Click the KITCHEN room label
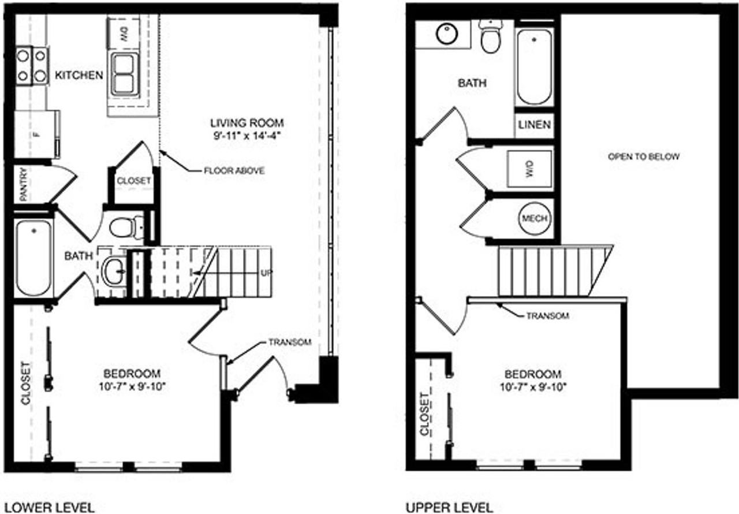tap(79, 75)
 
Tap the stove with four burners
tap(32, 66)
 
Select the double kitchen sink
tap(125, 74)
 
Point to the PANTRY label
tap(24, 184)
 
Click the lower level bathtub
tap(33, 258)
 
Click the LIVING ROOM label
tap(247, 123)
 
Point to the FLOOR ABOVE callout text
tap(234, 170)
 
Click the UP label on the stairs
tap(266, 273)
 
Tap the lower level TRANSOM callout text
tap(290, 342)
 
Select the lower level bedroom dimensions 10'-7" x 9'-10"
tap(132, 386)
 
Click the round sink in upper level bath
tap(447, 33)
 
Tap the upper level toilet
tap(491, 36)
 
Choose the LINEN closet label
tap(535, 125)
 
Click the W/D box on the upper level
tap(529, 169)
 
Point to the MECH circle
tap(535, 218)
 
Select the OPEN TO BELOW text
tap(644, 157)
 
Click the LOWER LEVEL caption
tap(50, 508)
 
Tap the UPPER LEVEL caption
tap(450, 508)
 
